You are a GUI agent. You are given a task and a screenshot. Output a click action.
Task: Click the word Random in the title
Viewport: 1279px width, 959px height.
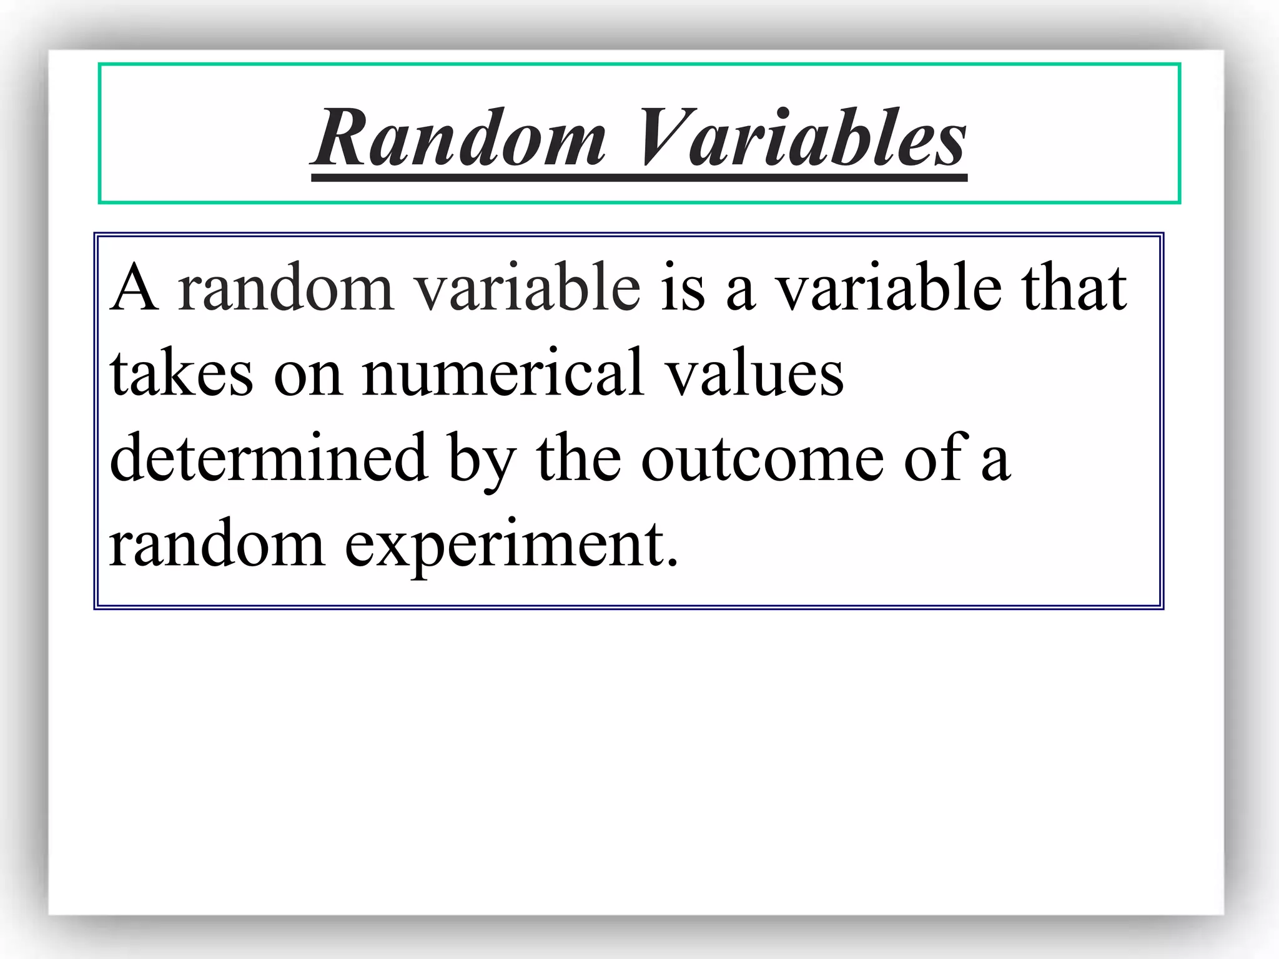460,139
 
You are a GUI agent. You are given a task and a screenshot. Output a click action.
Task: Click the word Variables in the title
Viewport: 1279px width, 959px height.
802,139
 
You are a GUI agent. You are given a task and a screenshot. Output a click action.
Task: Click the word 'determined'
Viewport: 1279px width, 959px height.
269,459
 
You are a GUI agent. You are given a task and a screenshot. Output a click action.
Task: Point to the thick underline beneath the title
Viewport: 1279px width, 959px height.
639,179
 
